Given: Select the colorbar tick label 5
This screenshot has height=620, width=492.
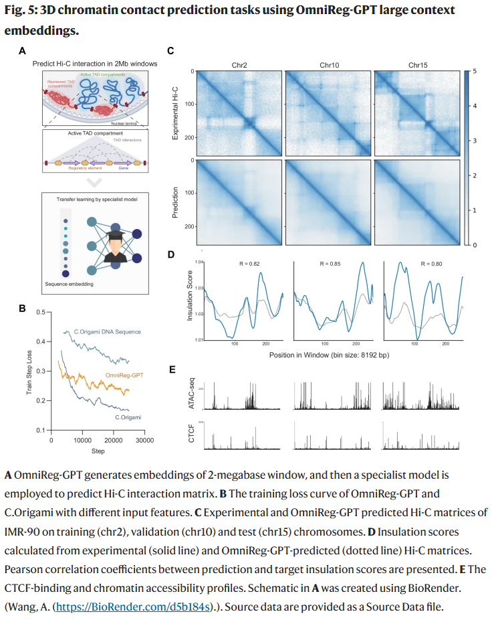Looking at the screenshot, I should (x=474, y=71).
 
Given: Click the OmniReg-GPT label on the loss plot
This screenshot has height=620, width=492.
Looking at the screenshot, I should (x=125, y=377).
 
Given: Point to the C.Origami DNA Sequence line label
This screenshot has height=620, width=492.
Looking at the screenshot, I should (x=107, y=331).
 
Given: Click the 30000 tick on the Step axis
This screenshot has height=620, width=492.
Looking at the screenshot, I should (x=144, y=441).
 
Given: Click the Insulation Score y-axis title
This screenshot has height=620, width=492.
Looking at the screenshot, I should (x=191, y=301).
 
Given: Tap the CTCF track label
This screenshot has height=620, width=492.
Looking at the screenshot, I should (x=191, y=437).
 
